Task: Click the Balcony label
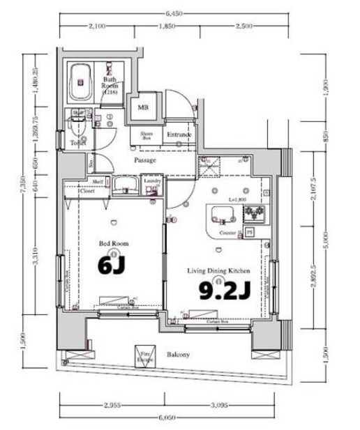178,354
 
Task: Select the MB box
142,107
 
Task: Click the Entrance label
178,135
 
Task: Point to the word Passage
144,160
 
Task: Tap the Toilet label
77,142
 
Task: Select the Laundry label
153,181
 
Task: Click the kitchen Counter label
227,231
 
